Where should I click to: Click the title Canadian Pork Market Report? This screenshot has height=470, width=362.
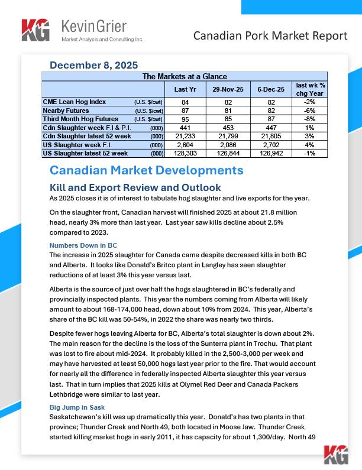pos(270,36)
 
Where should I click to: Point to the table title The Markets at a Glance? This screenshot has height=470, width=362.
pos(184,76)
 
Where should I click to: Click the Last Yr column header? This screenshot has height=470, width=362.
pos(181,89)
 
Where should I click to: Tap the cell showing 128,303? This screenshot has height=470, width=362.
pos(181,153)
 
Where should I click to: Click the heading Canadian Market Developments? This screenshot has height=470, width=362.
pos(146,171)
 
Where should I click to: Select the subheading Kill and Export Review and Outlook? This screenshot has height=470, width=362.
pos(135,187)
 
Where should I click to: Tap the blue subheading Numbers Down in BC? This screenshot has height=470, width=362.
pos(83,245)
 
